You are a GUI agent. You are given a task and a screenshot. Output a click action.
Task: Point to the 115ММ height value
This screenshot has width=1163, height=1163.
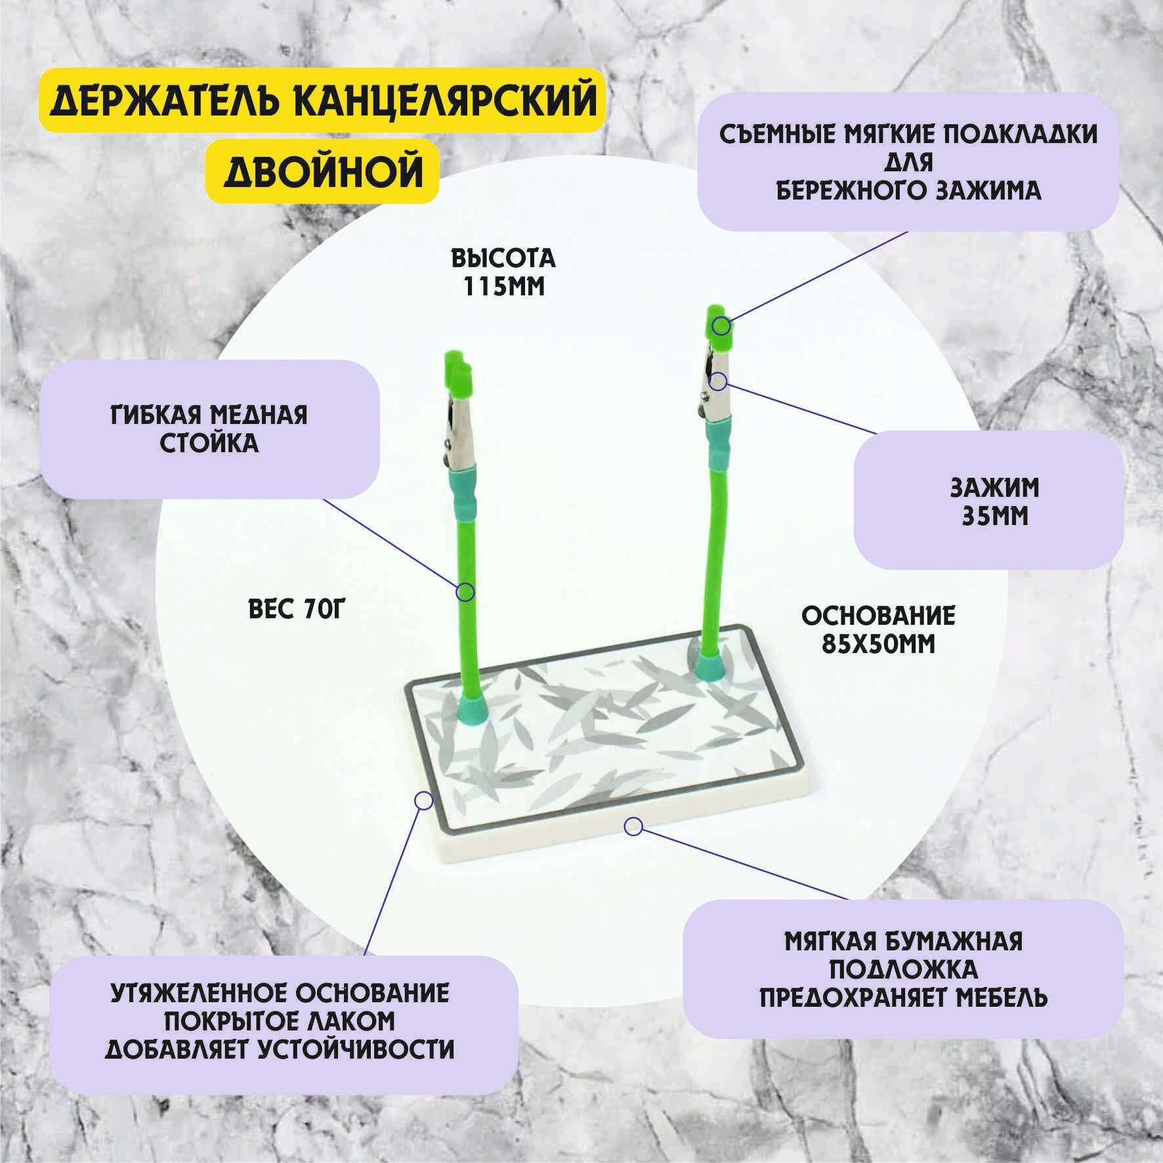[x=503, y=287]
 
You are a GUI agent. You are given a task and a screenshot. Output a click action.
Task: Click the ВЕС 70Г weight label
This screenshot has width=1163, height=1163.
[x=297, y=610]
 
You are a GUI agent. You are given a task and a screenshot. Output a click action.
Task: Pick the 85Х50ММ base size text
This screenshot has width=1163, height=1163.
[x=878, y=645]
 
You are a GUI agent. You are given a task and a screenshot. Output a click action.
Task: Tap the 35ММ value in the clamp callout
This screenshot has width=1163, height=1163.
[x=994, y=517]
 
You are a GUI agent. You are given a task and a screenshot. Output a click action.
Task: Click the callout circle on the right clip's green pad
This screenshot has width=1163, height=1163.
[x=721, y=325]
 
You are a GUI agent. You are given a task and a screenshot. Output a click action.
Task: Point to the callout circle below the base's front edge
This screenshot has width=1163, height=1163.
[x=633, y=826]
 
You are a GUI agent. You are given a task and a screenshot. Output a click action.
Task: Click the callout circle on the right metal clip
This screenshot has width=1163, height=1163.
[x=718, y=381]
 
